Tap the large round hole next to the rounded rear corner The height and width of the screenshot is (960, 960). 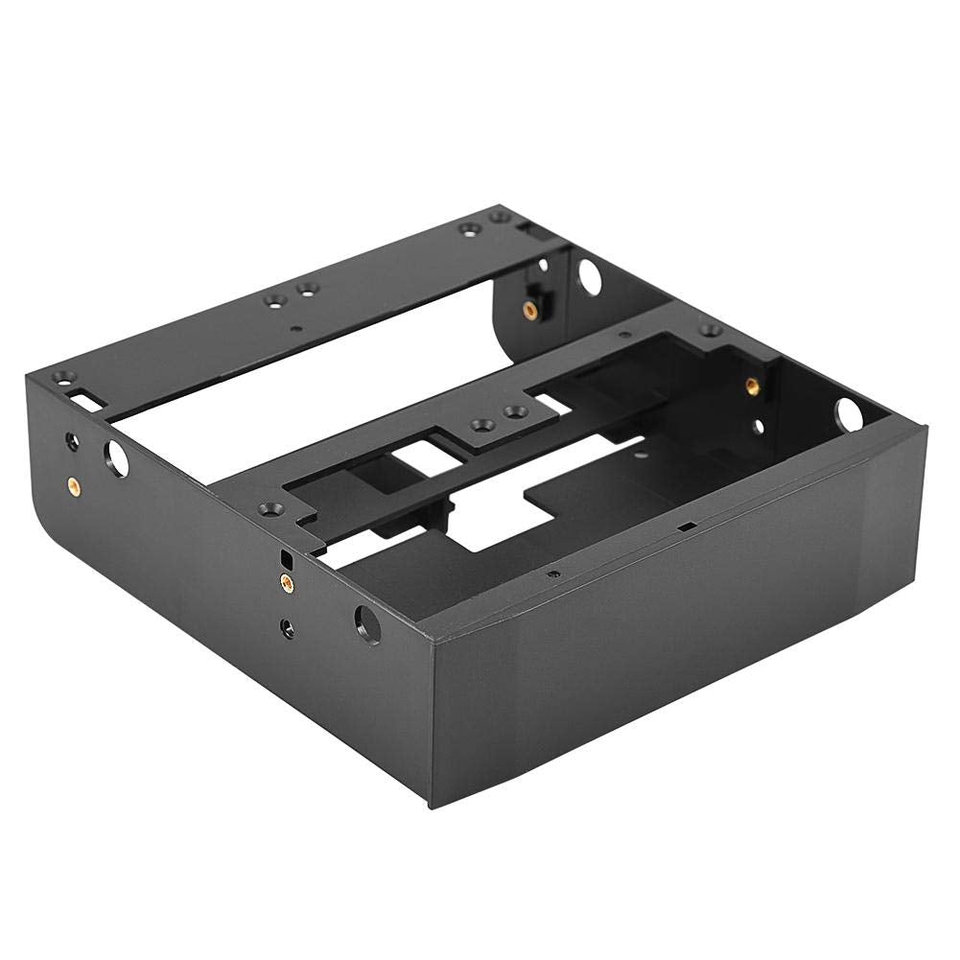113,458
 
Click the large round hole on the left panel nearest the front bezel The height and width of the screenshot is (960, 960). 365,622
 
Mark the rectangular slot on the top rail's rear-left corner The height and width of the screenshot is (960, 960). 82,395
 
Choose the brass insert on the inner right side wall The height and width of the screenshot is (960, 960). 751,386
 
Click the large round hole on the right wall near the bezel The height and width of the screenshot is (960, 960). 848,414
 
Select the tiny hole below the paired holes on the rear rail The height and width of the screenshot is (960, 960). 295,328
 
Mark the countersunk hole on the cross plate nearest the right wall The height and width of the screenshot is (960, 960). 710,330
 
